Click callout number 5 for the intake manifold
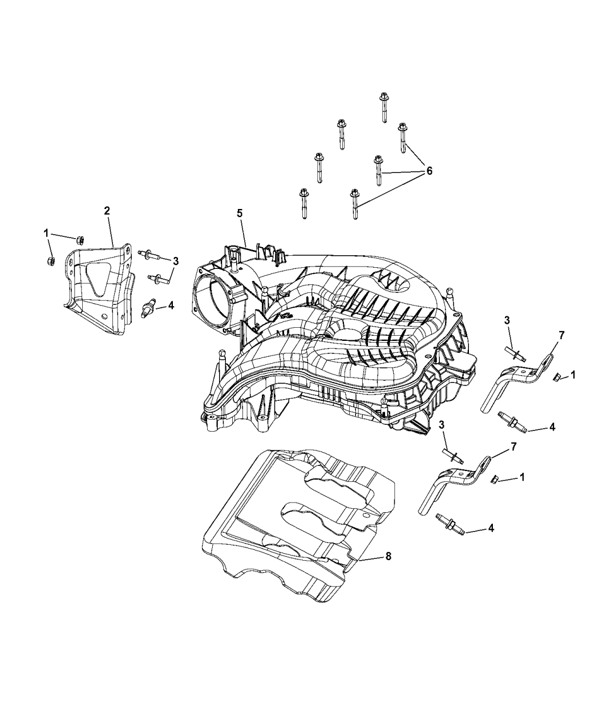(240, 213)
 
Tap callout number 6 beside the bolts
(428, 171)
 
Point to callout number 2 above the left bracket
(107, 211)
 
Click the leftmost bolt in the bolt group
(303, 203)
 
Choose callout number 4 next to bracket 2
(171, 305)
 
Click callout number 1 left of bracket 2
(46, 232)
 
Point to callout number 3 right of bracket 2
(176, 262)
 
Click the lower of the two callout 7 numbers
(513, 447)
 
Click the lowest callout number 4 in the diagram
(491, 529)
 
